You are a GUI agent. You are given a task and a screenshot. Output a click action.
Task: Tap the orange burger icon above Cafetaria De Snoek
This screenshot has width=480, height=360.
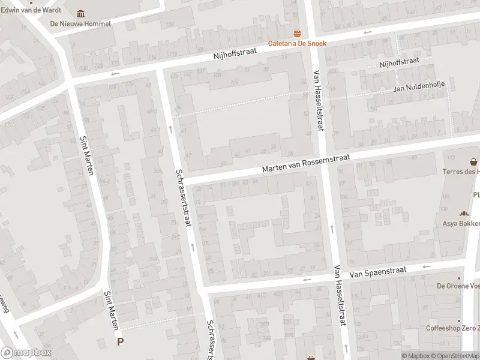pos(296,34)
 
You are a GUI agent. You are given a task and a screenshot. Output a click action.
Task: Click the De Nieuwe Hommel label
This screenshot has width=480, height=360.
pos(80,23)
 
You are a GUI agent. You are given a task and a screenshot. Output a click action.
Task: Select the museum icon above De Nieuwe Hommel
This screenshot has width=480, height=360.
pos(80,14)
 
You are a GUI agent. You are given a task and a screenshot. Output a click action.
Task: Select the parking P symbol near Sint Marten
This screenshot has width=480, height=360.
pos(120,342)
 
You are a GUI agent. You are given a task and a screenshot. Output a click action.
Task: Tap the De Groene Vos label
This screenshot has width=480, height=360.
pos(458,286)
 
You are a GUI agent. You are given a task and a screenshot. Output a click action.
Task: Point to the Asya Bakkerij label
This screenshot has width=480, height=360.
pos(463,223)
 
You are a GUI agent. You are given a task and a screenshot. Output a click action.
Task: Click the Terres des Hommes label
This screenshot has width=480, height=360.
pos(462,172)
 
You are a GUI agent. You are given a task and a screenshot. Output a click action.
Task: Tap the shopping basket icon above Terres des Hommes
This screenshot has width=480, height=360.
pos(474,161)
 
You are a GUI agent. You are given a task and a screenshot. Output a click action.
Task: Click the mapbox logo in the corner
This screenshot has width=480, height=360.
pos(26,352)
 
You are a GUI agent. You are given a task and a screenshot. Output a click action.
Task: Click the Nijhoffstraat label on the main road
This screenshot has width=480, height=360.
pos(235,53)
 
